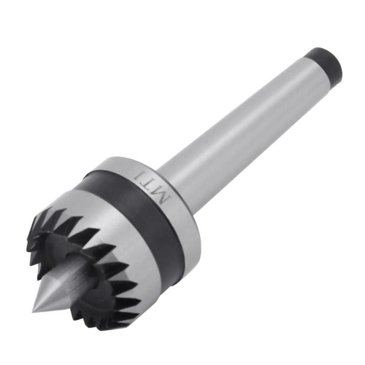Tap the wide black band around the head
tap(137, 214)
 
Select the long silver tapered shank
tap(246, 123)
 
